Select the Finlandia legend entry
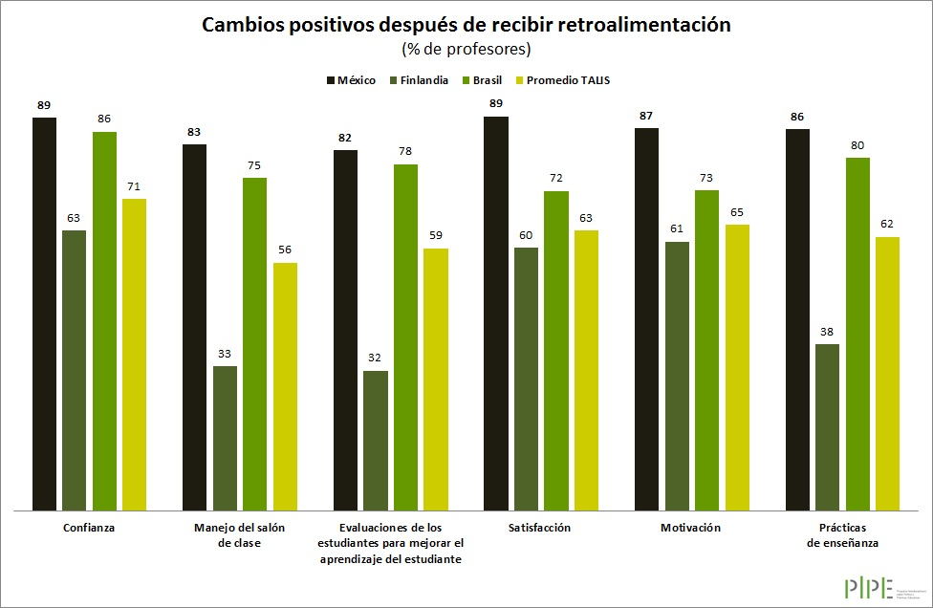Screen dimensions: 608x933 coord(418,80)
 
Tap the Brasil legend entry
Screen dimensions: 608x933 coord(483,80)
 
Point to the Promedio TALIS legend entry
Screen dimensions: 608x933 coord(562,80)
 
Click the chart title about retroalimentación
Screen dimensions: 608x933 coord(466,26)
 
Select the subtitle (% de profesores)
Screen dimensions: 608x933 coord(466,49)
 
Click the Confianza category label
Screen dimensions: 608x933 coord(89,528)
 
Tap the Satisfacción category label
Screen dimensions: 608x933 coord(540,528)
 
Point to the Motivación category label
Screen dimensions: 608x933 coord(690,528)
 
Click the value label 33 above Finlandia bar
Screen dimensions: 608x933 coord(225,355)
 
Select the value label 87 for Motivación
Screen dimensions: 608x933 coord(647,116)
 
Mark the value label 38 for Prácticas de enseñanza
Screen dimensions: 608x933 coord(827,332)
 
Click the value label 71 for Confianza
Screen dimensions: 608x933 coord(134,186)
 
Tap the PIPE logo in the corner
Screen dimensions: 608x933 coord(869,587)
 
